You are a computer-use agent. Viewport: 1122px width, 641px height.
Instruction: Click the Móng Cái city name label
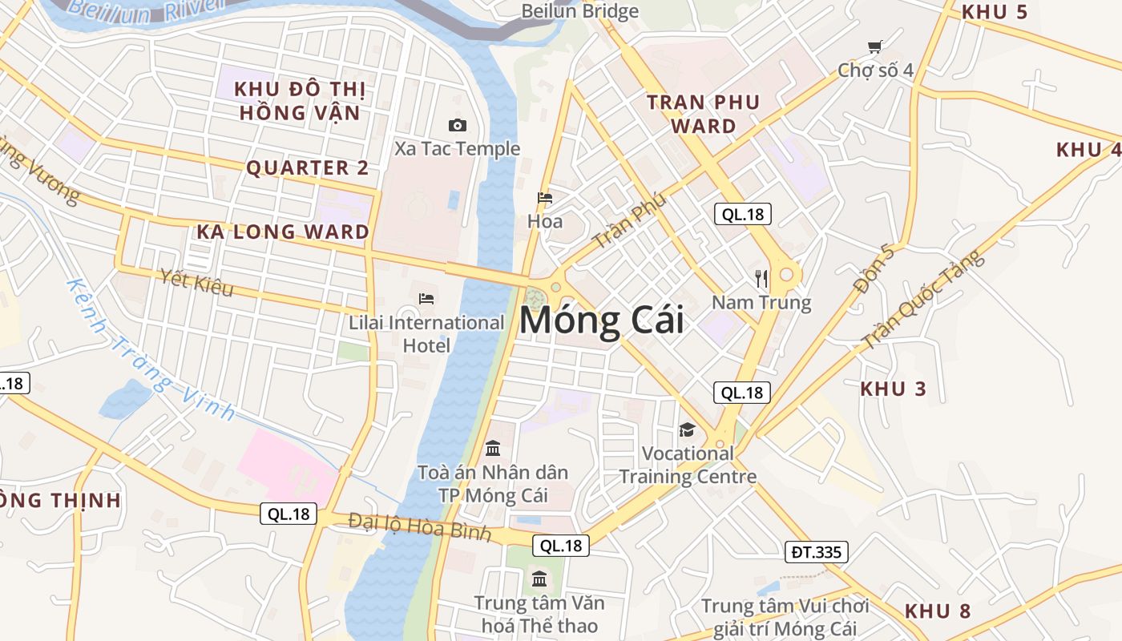tap(602, 320)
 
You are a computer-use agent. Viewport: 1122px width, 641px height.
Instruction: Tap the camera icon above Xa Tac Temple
tap(458, 125)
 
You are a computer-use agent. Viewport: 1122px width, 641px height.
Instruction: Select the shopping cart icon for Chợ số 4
tap(874, 47)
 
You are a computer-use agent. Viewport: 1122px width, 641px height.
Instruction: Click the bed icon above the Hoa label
tap(545, 197)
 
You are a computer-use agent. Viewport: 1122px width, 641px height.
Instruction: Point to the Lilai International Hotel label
tap(426, 333)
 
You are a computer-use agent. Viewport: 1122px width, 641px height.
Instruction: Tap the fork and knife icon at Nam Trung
tap(761, 279)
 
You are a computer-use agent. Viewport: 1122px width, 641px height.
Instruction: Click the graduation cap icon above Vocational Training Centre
tap(687, 430)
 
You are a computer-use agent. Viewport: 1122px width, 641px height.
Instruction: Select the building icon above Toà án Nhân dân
tap(493, 448)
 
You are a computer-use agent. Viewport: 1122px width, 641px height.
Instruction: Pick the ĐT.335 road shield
tap(815, 552)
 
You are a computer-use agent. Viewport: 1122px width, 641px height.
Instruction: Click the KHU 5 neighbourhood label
tap(994, 12)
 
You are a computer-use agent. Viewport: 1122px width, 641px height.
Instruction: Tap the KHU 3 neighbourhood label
tap(893, 389)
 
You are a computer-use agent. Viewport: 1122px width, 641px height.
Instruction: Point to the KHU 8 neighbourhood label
tap(938, 611)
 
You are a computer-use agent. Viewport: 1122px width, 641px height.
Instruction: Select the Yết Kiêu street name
tap(196, 282)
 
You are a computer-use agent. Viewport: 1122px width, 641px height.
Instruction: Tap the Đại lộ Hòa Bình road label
tap(419, 527)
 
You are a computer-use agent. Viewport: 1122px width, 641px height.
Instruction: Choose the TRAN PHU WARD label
tap(703, 114)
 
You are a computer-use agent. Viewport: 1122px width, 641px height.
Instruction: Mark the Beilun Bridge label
tap(579, 11)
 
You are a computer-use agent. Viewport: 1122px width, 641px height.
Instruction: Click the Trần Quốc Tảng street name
tap(922, 300)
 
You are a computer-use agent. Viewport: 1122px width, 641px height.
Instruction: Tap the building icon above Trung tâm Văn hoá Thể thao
tap(539, 579)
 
